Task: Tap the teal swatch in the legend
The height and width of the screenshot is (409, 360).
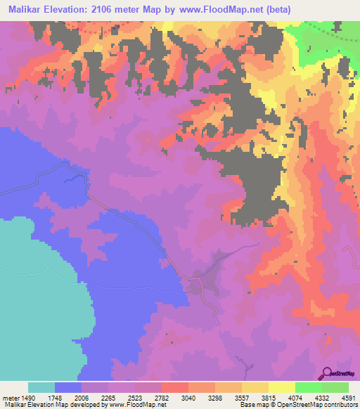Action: point(41,387)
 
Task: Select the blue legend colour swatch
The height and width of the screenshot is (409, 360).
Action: point(68,387)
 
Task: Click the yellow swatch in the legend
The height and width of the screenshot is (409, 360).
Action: point(282,387)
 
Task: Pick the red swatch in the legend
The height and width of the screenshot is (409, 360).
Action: point(174,387)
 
